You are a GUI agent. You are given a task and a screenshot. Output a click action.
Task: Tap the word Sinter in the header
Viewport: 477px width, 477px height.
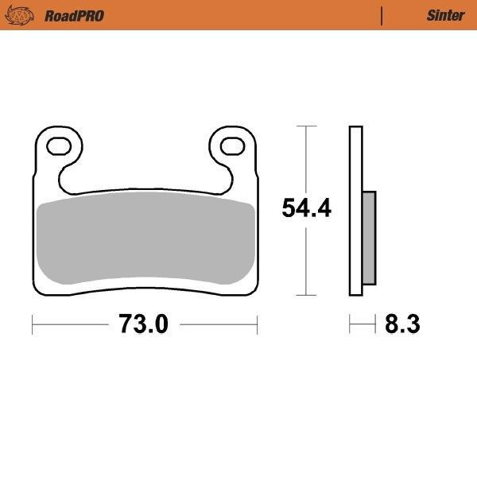tap(441, 15)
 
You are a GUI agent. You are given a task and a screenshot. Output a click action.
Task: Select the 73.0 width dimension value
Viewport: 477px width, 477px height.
tap(144, 324)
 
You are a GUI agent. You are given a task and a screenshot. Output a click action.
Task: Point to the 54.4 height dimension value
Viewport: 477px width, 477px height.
tap(307, 208)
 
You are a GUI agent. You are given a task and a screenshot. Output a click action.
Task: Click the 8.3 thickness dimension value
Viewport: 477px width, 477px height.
tap(401, 324)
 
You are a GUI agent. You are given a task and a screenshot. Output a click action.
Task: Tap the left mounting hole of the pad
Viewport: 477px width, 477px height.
tap(59, 145)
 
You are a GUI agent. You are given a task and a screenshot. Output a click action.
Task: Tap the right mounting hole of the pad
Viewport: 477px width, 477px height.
tap(231, 145)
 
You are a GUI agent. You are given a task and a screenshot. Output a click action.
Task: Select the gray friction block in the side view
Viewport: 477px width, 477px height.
tap(369, 237)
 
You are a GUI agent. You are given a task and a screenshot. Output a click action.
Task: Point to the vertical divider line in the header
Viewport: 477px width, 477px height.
tap(382, 15)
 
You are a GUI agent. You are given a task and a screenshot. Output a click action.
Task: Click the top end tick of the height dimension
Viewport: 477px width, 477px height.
tap(306, 126)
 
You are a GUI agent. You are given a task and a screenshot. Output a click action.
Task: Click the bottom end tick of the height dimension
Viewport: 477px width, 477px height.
tap(306, 294)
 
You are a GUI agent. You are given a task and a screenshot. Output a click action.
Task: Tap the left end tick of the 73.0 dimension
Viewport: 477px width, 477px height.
tap(32, 324)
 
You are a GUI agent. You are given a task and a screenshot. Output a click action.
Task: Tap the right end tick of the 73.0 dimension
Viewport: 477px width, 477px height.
tap(257, 324)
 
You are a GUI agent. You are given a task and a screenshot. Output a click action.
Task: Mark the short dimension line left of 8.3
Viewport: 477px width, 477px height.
tap(362, 324)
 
